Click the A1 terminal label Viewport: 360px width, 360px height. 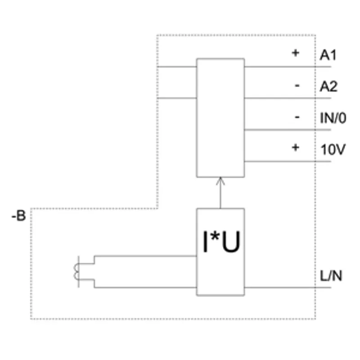(328, 55)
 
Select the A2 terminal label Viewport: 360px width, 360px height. (328, 86)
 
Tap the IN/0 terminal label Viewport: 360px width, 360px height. (333, 118)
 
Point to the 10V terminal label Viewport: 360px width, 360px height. (333, 149)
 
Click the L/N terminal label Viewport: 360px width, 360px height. (331, 276)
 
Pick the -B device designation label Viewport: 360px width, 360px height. (18, 216)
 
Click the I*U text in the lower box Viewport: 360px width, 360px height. (221, 242)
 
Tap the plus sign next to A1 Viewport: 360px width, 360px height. (296, 53)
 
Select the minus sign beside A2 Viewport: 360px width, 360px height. (297, 86)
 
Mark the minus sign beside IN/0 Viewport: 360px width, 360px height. (297, 117)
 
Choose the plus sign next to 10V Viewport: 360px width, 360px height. (296, 148)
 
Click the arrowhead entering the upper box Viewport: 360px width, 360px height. (220, 181)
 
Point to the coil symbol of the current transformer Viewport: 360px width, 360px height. (76, 272)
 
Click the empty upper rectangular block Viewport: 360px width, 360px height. (220, 118)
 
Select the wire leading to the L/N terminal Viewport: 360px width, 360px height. (288, 288)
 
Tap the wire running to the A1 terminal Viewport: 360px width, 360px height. (288, 67)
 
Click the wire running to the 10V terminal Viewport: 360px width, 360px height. (288, 162)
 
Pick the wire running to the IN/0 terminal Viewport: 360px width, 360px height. (288, 130)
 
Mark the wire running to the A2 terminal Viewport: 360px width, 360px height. (288, 98)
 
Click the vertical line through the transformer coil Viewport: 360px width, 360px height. (79, 272)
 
